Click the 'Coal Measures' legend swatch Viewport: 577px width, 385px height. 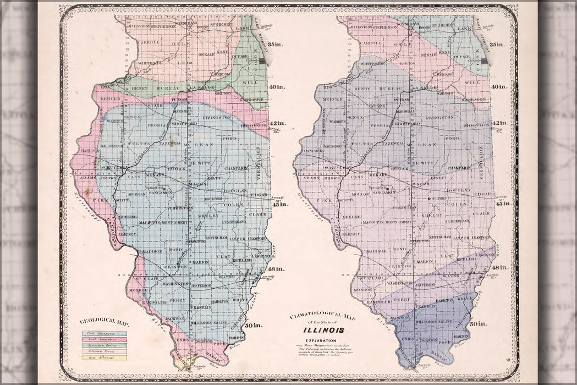[x=104, y=333]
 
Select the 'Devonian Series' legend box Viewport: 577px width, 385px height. [x=104, y=345]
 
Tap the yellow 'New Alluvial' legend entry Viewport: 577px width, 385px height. [x=104, y=358]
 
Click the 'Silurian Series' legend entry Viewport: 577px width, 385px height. [x=104, y=351]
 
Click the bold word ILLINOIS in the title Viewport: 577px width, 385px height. [x=323, y=330]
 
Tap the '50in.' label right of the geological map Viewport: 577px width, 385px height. [x=254, y=325]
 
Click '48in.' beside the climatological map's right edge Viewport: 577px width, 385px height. [x=499, y=267]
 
